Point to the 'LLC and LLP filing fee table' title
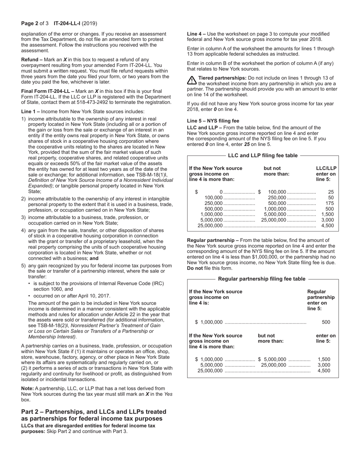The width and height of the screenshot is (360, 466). [x=263, y=155]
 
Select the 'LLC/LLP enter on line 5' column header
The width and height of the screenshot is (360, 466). [x=326, y=174]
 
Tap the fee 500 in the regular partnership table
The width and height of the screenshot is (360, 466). [x=326, y=322]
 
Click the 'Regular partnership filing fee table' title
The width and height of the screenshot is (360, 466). [x=261, y=279]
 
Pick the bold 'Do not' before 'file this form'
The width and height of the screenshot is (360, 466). [x=195, y=268]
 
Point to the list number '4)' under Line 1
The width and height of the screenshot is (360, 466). [x=23, y=230]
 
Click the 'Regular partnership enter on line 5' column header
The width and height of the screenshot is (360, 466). [x=321, y=300]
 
